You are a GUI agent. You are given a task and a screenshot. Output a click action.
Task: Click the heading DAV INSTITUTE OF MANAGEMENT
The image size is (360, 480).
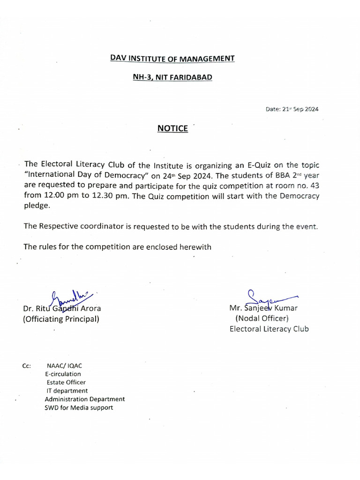click(172, 59)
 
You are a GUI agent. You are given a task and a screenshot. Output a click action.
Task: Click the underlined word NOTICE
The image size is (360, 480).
click(172, 128)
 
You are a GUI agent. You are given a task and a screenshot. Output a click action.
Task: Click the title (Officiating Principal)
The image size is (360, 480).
click(61, 319)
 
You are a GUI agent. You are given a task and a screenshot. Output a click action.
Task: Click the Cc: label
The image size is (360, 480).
click(26, 366)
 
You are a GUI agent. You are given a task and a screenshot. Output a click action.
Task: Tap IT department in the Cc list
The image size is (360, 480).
click(67, 390)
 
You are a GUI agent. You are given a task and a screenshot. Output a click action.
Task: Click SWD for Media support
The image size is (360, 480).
click(79, 408)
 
